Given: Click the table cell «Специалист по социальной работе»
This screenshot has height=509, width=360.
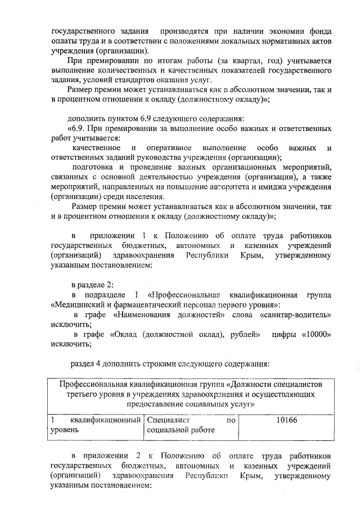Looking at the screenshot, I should tap(190, 425).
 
